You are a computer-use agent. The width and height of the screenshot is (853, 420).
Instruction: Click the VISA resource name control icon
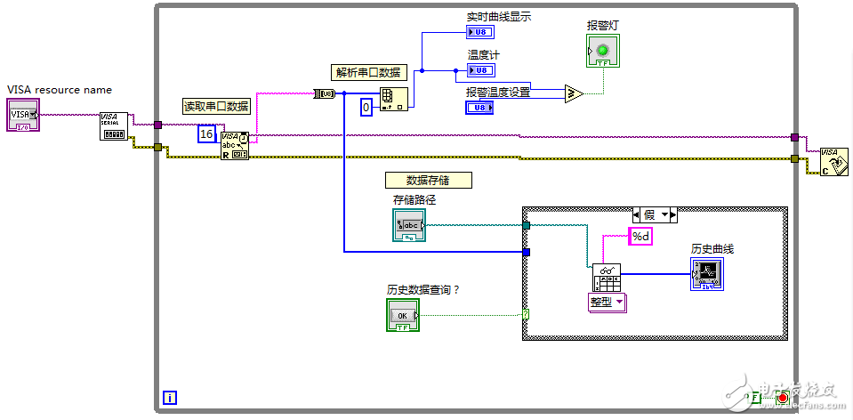[23, 116]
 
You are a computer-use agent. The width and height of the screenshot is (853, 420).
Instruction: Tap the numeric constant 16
[206, 133]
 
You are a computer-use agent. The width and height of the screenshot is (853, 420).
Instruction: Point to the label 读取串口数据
[216, 106]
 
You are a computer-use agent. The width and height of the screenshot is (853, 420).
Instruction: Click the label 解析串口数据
[367, 73]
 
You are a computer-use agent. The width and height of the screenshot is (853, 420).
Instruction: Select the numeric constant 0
[366, 108]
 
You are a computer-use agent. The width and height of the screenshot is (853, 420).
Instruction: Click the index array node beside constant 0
[393, 99]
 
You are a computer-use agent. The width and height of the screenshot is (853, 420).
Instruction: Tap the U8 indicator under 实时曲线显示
[480, 33]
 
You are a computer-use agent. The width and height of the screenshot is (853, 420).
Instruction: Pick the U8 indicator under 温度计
[481, 70]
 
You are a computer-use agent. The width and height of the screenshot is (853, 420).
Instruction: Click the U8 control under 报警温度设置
[479, 108]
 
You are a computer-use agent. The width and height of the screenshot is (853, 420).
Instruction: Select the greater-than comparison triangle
[574, 93]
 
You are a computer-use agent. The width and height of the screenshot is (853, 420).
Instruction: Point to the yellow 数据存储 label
[428, 180]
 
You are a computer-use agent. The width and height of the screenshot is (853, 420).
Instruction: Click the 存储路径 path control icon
[408, 225]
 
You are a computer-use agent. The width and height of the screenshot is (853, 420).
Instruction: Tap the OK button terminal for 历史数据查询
[402, 315]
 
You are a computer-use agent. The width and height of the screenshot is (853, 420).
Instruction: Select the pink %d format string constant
[640, 237]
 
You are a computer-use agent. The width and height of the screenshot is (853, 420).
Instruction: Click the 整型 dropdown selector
[608, 303]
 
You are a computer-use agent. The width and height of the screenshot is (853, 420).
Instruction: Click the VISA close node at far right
[833, 162]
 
